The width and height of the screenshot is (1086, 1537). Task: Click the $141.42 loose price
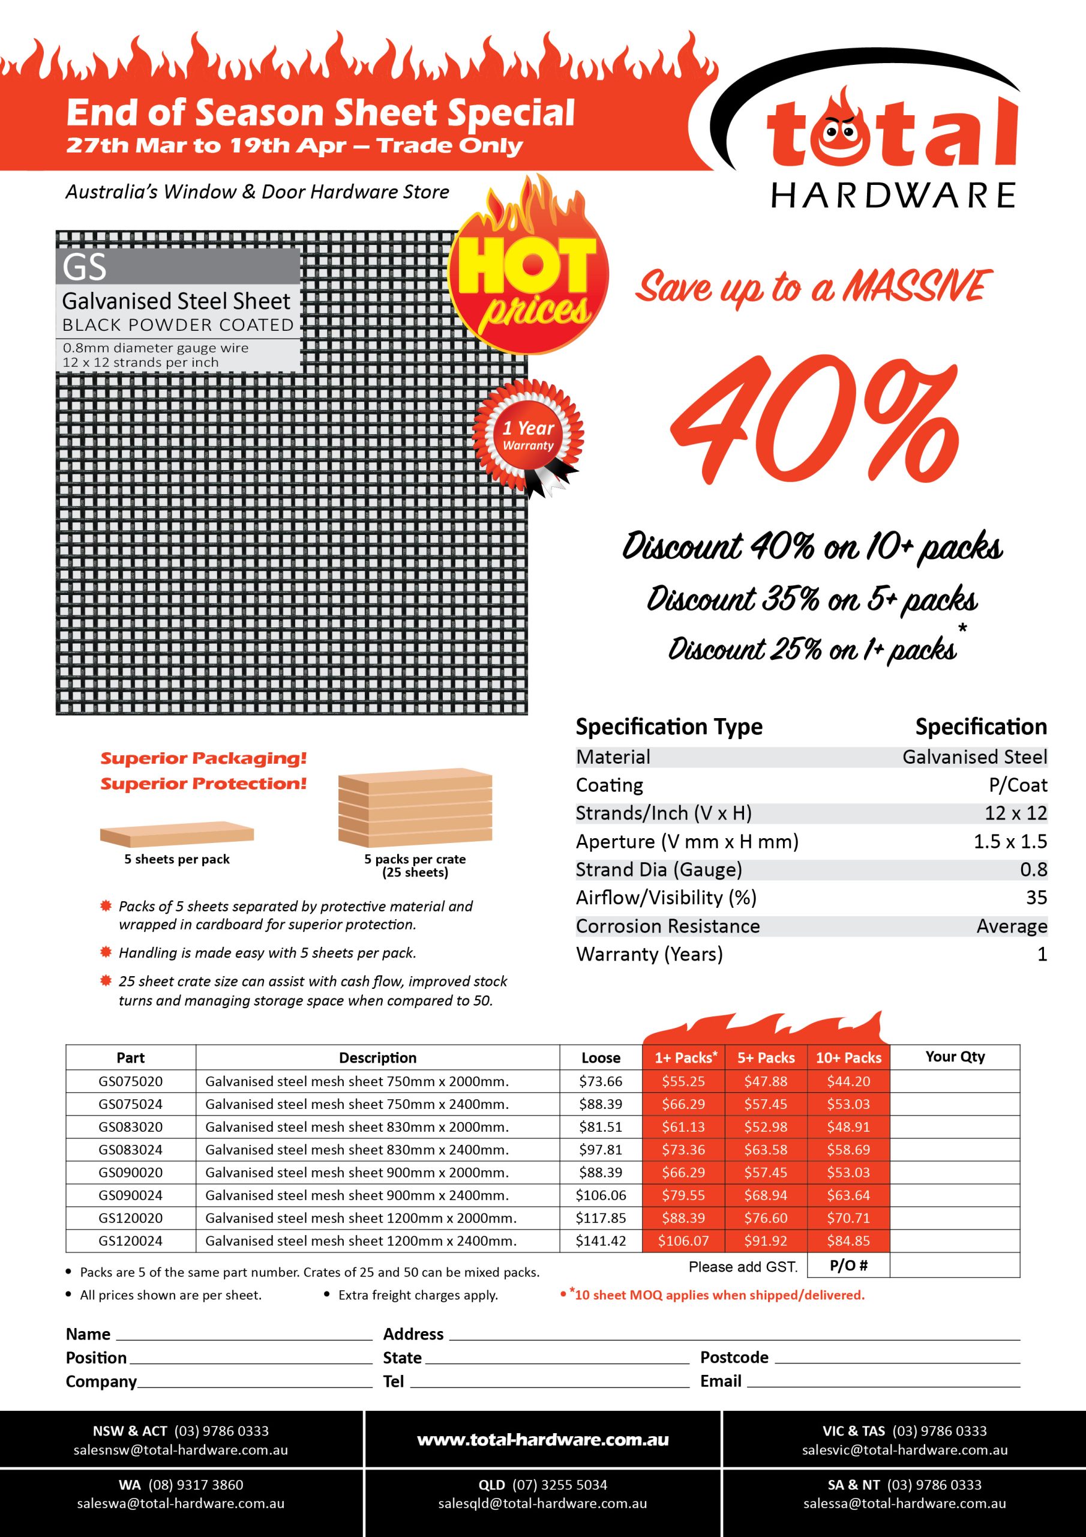pos(601,1240)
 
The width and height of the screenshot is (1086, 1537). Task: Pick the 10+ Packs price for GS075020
pos(848,1081)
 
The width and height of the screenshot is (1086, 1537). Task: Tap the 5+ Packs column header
pos(766,1058)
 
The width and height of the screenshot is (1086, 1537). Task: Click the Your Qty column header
pos(955,1056)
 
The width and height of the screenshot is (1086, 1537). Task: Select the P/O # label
pos(848,1266)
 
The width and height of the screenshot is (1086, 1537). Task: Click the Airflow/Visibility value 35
pos(1036,898)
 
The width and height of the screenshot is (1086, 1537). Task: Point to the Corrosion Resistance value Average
pos(1011,926)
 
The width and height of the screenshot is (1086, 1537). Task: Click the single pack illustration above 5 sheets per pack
pos(176,834)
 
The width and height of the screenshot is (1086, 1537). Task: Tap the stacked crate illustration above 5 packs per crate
pos(415,808)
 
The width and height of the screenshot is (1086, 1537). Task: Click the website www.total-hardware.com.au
pos(542,1440)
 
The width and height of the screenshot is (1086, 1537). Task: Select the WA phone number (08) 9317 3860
pos(196,1485)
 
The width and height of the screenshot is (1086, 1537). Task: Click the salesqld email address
pos(542,1503)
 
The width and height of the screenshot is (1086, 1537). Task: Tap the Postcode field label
pos(734,1357)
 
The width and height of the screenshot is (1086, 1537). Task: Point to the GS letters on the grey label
pos(85,267)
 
